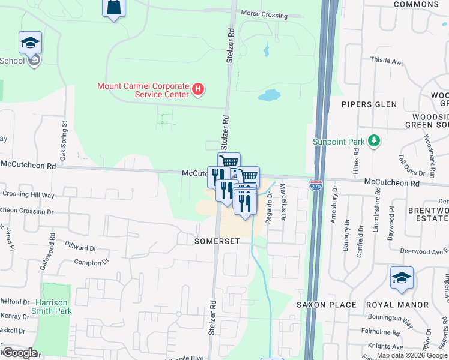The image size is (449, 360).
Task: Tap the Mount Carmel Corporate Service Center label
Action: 143,90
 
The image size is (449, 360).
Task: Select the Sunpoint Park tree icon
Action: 375,140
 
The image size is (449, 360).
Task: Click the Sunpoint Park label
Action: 339,142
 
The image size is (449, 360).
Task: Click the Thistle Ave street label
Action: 386,61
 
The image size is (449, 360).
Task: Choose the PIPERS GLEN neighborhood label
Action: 369,104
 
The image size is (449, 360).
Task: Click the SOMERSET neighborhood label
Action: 217,241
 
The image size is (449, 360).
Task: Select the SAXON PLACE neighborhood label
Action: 327,305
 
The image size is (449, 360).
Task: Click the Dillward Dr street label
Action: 80,247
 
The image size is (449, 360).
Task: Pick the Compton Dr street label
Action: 91,262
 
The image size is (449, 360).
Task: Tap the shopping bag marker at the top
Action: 113,8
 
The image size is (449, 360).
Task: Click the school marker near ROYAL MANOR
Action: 402,278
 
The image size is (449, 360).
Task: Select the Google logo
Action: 20,352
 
